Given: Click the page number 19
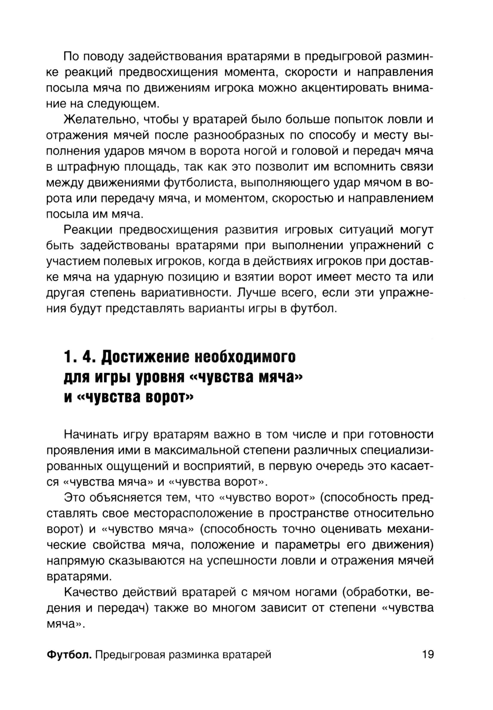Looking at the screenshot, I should coord(427,655).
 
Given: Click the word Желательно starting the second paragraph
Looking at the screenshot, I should coord(98,120).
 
